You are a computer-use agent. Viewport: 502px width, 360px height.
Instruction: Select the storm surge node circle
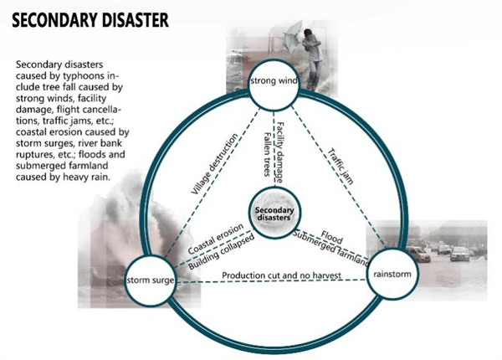pyautogui.click(x=149, y=278)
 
